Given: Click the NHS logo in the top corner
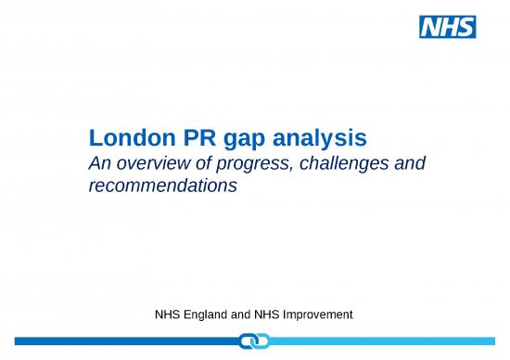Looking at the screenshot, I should (448, 27).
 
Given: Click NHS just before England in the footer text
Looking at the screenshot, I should (169, 315).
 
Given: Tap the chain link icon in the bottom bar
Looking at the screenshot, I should (253, 342).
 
